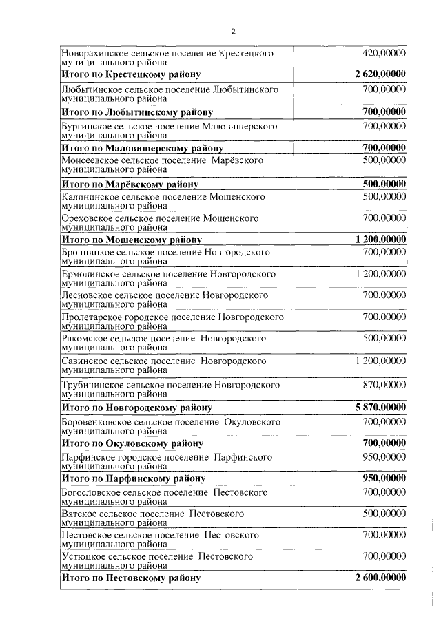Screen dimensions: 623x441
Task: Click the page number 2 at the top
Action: [233, 31]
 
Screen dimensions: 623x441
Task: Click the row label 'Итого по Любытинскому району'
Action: [136, 112]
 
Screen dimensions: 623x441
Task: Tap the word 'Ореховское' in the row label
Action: [85, 218]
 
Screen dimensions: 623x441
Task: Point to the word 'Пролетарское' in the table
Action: [91, 317]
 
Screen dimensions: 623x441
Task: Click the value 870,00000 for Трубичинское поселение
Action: [384, 383]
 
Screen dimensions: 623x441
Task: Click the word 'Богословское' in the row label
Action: [90, 493]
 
